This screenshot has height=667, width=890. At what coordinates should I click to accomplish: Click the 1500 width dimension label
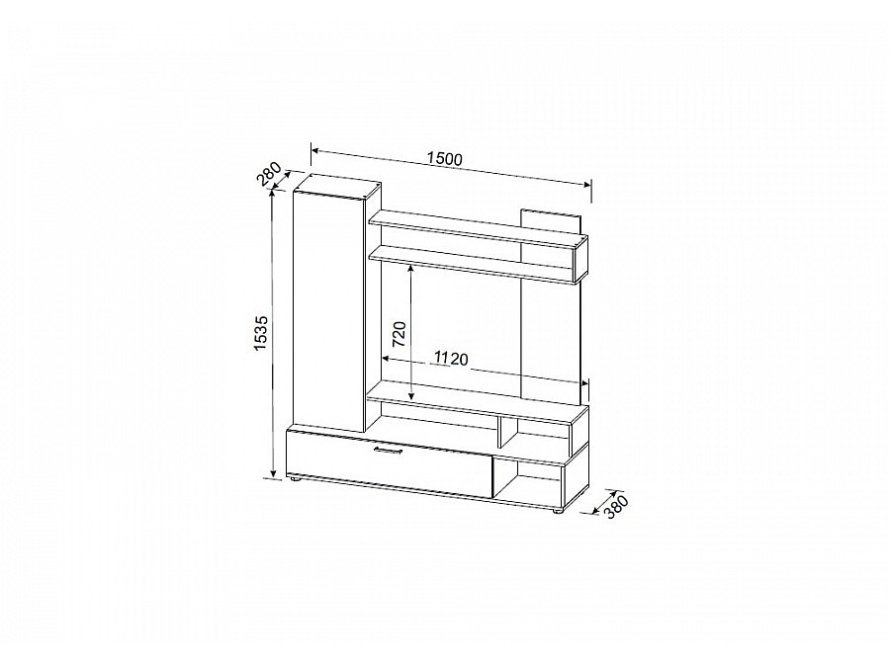(445, 159)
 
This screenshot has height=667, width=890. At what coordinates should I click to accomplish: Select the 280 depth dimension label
(269, 175)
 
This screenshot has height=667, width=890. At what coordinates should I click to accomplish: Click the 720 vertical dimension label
(400, 334)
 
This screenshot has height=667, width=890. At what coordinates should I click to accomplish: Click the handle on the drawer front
(389, 451)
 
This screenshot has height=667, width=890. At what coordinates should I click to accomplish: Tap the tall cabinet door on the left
(328, 312)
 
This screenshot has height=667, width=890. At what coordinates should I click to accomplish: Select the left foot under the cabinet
(294, 480)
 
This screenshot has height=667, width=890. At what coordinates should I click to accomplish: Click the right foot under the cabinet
(559, 511)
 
